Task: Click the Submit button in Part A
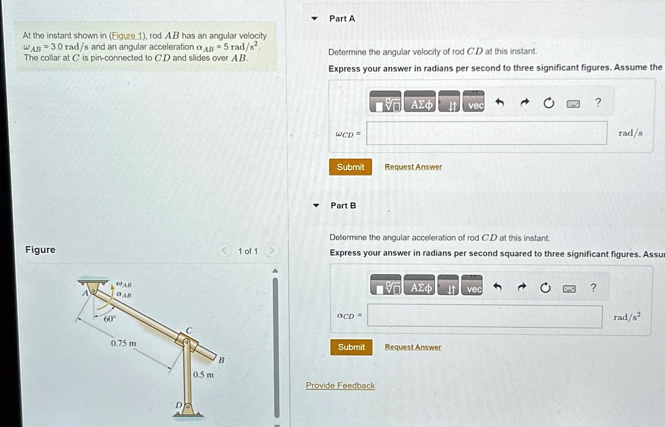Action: pos(351,167)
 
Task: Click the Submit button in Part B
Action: pos(351,347)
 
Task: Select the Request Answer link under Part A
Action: pos(413,167)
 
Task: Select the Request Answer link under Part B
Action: pos(412,347)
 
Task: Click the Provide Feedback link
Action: pos(340,385)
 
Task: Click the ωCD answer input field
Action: pos(486,133)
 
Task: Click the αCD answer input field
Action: pos(484,317)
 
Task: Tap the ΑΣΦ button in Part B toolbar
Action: pos(421,287)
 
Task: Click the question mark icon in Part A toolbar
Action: pos(598,103)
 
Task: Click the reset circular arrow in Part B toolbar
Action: pos(545,288)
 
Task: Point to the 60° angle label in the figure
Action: pos(109,319)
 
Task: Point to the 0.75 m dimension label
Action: pos(123,343)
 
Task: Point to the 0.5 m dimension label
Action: pos(203,374)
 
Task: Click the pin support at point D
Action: pos(187,408)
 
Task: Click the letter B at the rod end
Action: pos(221,359)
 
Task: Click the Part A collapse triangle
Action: pos(315,19)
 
